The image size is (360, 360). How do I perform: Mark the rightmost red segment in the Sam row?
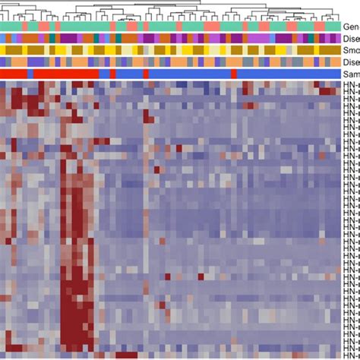tap(233, 74)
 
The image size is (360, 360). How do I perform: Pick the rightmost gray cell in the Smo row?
tap(335, 50)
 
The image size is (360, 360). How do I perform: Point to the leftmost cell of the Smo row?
tap(4, 50)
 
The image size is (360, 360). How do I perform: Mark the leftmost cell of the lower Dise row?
tap(4, 62)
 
